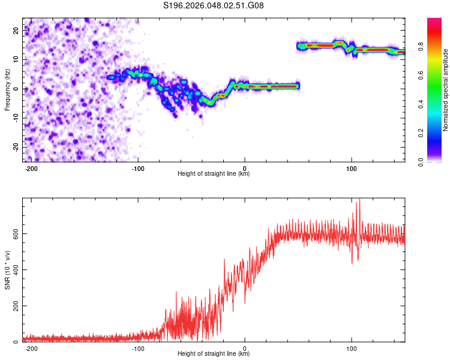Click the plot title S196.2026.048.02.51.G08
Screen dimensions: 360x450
coord(214,5)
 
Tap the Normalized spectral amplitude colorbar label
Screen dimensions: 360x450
coord(446,90)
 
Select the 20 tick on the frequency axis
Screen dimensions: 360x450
coord(16,29)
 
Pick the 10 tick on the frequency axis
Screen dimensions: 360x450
coord(16,59)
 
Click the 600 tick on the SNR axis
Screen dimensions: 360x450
coord(13,233)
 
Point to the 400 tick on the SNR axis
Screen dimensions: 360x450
coord(13,269)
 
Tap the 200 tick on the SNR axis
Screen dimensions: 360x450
coord(13,306)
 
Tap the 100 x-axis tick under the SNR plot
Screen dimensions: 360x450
coord(352,348)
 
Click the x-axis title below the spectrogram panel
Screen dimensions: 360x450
coord(214,174)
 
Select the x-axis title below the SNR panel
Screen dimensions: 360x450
coord(214,354)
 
